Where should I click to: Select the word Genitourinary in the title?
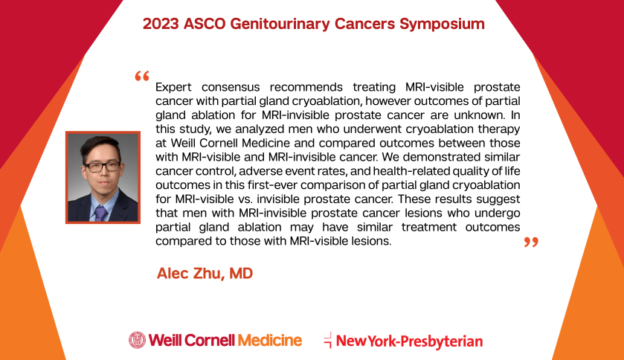click(x=280, y=25)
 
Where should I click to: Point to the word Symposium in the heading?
click(x=442, y=25)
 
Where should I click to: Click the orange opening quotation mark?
click(x=142, y=76)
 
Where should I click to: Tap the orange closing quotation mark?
click(x=531, y=242)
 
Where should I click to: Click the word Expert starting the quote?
click(x=173, y=88)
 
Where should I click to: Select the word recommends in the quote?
click(x=306, y=87)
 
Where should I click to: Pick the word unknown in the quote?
click(x=479, y=115)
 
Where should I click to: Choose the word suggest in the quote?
click(x=498, y=199)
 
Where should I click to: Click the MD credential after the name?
click(x=241, y=273)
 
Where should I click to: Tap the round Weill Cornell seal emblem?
click(x=138, y=340)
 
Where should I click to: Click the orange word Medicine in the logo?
click(x=270, y=341)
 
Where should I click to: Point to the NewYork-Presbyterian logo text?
click(x=410, y=341)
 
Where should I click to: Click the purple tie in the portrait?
click(x=100, y=213)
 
